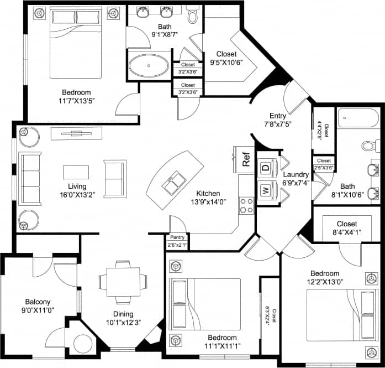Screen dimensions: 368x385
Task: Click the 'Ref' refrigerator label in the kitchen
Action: pyautogui.click(x=246, y=159)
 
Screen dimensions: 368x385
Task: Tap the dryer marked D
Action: pyautogui.click(x=265, y=167)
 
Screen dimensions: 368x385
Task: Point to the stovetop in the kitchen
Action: pyautogui.click(x=246, y=205)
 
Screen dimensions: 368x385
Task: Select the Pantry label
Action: pyautogui.click(x=177, y=237)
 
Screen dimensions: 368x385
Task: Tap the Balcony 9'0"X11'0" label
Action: pyautogui.click(x=36, y=306)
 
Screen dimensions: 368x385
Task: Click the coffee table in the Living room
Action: pyautogui.click(x=76, y=172)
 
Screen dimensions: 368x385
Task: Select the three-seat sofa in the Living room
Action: pyautogui.click(x=30, y=175)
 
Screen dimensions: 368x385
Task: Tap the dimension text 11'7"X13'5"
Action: pyautogui.click(x=76, y=102)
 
